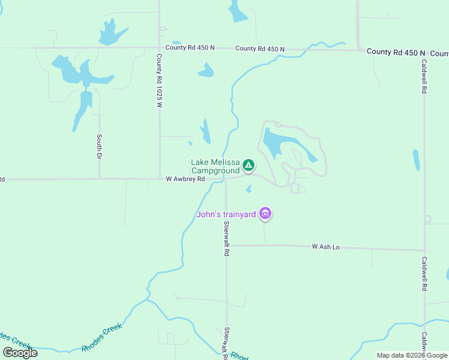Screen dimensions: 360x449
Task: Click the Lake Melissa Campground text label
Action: pos(215,167)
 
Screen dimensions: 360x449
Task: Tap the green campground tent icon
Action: pos(249,164)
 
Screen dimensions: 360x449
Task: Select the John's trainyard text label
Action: pos(226,214)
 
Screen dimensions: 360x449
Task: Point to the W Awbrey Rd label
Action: pos(185,179)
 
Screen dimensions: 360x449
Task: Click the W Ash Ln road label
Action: pos(326,247)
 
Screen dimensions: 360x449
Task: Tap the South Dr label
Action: pos(100,146)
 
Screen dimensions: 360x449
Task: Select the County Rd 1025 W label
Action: pos(160,81)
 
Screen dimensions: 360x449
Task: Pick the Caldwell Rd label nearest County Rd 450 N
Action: pos(424,76)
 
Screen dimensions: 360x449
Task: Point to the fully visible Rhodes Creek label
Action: pos(102,337)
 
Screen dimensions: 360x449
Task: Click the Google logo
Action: pos(20,353)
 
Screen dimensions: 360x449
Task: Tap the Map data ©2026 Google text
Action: pos(412,355)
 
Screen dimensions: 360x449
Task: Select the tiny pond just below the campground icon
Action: pos(249,190)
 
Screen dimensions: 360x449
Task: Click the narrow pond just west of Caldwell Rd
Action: pos(416,160)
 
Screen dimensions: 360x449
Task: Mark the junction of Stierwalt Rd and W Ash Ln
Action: pos(226,245)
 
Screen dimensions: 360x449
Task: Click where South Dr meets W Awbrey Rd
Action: pos(100,178)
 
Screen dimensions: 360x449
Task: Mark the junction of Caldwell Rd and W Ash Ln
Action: pos(424,250)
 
